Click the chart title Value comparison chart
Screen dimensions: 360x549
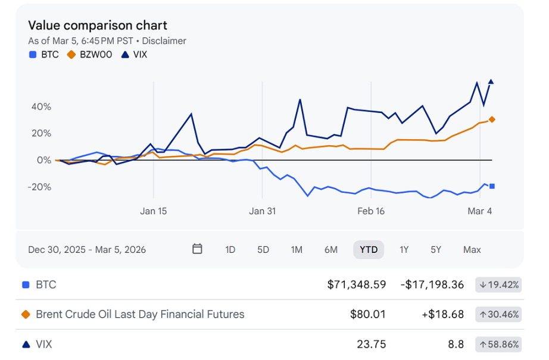click(x=98, y=26)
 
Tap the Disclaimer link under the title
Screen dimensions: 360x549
click(x=164, y=41)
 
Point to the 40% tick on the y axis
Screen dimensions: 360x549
click(x=41, y=107)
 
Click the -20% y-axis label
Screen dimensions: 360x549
click(x=39, y=187)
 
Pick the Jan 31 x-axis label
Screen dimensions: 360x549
click(x=262, y=211)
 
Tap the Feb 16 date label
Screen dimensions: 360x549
click(x=370, y=211)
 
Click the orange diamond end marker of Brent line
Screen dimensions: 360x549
click(x=492, y=120)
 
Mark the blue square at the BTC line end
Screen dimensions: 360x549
click(x=492, y=186)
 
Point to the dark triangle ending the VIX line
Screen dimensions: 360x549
click(x=491, y=82)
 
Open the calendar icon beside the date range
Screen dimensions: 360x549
click(x=198, y=249)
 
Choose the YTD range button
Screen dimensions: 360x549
click(x=369, y=249)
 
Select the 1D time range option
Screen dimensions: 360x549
click(x=230, y=249)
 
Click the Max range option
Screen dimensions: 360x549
click(x=472, y=249)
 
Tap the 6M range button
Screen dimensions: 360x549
click(x=331, y=249)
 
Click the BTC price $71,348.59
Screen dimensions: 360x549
click(x=357, y=284)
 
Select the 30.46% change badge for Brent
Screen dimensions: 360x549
click(x=498, y=314)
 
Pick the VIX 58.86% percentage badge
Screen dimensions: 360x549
click(x=498, y=343)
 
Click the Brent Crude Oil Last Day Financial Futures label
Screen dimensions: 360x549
click(x=140, y=314)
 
